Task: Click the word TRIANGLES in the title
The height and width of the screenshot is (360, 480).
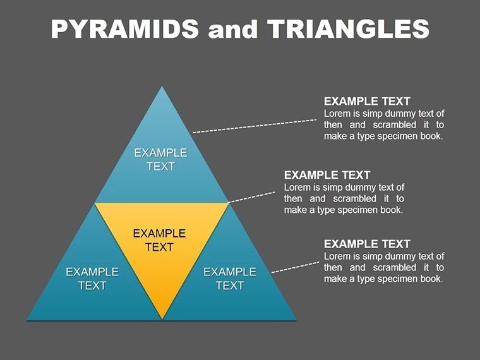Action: (348, 29)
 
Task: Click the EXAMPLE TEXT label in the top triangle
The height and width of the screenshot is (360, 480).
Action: (160, 159)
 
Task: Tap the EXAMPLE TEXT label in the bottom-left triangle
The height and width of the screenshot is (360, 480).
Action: (92, 279)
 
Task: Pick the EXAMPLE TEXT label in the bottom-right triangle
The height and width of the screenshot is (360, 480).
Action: (230, 279)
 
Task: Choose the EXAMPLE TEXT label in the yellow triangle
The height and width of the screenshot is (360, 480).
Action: (159, 240)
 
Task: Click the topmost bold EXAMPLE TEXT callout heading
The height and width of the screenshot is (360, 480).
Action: (367, 101)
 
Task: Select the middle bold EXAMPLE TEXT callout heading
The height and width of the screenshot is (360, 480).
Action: (327, 175)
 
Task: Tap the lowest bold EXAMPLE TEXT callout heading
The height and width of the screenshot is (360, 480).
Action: (367, 244)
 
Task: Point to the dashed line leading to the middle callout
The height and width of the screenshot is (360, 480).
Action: (251, 196)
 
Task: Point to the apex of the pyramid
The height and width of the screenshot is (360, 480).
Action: (162, 88)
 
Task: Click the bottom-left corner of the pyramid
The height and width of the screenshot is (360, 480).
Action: (29, 318)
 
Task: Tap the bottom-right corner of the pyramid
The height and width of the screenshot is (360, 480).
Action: (294, 318)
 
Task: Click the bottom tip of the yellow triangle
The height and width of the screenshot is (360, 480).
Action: (162, 317)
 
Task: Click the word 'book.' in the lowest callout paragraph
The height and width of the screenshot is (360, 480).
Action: (430, 279)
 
